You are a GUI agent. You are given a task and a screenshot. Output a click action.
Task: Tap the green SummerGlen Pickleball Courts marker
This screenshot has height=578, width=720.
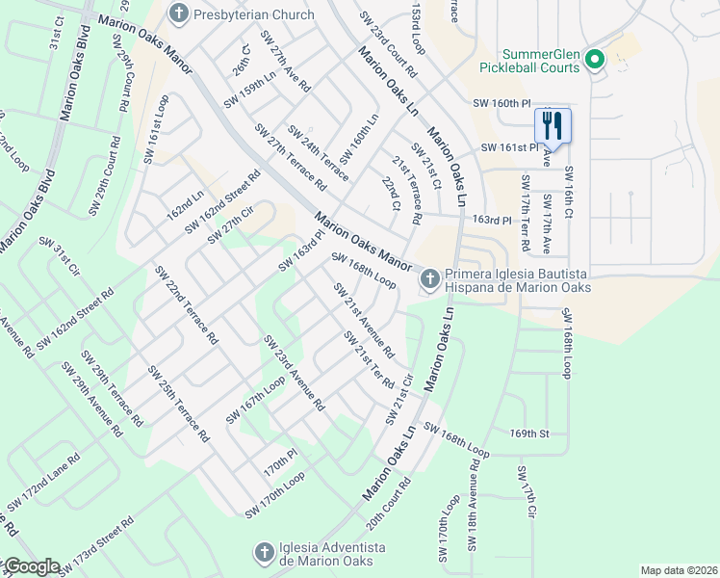(594, 60)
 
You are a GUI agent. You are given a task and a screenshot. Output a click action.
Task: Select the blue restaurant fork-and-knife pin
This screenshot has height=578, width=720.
(553, 125)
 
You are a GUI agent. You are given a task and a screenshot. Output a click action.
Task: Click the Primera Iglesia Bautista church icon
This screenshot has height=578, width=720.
(429, 279)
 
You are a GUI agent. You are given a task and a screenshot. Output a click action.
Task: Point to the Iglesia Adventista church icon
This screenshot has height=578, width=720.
(263, 553)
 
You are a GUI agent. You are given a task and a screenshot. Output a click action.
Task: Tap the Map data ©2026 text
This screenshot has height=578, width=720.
(679, 570)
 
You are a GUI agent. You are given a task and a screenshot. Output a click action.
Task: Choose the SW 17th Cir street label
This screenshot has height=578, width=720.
(526, 494)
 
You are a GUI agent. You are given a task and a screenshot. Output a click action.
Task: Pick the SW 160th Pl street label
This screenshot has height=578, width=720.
(501, 102)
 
